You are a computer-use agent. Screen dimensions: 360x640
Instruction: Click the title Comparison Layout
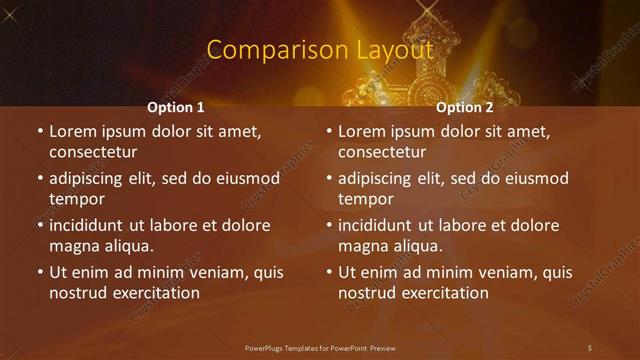(320, 49)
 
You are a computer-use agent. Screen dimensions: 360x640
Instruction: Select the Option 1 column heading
(176, 107)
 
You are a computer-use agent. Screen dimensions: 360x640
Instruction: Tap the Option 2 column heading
(465, 107)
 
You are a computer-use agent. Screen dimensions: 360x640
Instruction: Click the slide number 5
(590, 347)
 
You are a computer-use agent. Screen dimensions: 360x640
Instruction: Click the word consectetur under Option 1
(93, 153)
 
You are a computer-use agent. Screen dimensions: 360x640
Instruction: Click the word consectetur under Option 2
(382, 153)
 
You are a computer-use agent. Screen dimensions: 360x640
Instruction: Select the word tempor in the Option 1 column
(77, 199)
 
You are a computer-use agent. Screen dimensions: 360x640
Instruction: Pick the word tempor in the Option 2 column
(366, 199)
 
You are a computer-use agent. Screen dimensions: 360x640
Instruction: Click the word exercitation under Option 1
(154, 293)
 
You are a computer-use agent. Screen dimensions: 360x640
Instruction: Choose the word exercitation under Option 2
(443, 293)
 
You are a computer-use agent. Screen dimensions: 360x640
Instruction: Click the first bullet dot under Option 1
(39, 131)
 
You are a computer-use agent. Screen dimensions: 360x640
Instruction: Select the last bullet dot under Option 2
(328, 272)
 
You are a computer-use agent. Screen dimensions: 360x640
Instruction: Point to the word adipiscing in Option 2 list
(378, 179)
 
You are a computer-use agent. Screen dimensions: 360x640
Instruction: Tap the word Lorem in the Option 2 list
(363, 131)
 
